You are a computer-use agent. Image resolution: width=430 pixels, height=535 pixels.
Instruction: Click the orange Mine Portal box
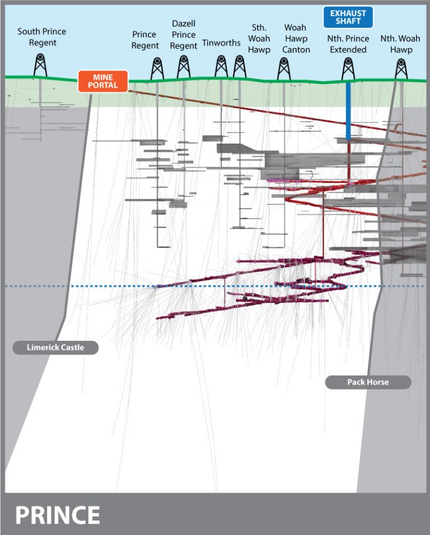103,81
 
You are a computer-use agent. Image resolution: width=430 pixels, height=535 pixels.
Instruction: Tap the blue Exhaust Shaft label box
348,17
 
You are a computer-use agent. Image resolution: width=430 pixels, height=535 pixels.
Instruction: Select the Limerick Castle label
55,348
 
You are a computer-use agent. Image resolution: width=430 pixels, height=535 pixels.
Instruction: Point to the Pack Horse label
368,382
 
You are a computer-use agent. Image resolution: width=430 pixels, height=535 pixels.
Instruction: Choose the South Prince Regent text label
42,37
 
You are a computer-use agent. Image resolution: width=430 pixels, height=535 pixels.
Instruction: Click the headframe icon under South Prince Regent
40,65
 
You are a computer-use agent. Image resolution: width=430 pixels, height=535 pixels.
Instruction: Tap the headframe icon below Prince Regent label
157,68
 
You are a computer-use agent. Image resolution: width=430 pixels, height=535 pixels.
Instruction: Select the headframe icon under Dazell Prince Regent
183,67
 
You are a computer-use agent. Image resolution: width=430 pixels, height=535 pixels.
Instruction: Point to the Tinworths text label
221,43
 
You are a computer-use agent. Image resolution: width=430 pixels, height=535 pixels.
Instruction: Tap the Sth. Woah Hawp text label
259,39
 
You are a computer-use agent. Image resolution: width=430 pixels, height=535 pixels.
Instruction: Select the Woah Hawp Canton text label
295,39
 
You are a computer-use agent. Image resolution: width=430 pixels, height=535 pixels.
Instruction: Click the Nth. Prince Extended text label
348,44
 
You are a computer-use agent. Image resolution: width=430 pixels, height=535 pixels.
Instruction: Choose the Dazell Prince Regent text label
184,35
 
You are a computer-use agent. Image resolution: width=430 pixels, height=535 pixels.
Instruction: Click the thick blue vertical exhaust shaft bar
348,111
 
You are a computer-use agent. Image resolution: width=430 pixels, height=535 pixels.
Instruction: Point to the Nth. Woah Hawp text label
400,44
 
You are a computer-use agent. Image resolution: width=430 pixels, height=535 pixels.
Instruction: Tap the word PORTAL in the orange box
103,86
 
